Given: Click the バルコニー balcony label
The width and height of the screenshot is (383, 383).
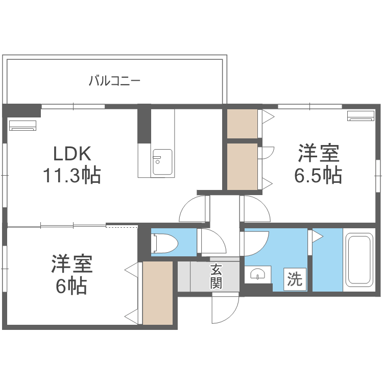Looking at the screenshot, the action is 114,81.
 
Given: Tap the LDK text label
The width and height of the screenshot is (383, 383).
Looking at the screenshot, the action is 73,154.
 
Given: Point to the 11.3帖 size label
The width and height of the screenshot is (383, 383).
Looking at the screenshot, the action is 72,175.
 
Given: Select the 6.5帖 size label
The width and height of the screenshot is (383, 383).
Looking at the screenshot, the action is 318,175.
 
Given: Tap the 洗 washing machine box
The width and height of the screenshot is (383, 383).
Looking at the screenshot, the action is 295,279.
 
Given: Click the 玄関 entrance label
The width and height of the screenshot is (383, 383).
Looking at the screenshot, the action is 216,276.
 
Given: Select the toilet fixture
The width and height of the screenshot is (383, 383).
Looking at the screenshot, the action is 164,243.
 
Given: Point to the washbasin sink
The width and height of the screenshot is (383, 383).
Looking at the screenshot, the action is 258,274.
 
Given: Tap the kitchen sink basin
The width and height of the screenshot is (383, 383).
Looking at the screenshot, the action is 162,162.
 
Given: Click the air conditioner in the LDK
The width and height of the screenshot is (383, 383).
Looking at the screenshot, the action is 22,126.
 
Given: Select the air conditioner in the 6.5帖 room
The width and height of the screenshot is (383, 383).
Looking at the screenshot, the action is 361,116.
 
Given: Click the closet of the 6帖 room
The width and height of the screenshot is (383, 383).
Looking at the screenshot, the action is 158,293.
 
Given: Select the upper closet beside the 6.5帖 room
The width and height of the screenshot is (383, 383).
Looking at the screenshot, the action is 242,124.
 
